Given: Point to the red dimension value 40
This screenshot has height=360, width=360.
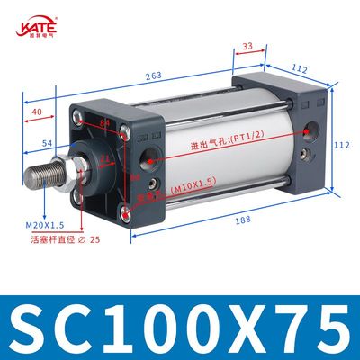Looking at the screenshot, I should coord(36,112).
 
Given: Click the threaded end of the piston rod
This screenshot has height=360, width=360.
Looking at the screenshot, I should coord(41,175).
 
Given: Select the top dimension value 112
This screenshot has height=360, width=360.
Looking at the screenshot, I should coord(300,67).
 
